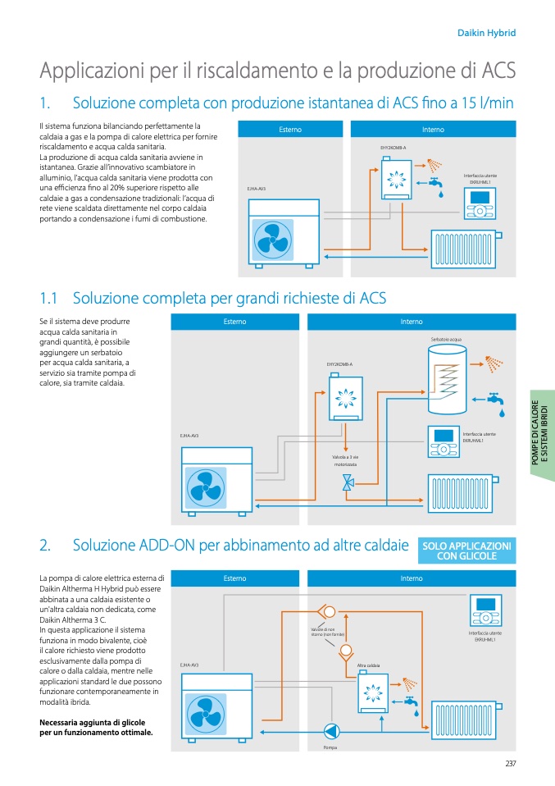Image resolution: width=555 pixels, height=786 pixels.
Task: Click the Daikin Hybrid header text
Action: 485,33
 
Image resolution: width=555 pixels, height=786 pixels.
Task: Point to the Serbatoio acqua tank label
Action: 446,339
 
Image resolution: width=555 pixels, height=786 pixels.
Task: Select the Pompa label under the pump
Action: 330,747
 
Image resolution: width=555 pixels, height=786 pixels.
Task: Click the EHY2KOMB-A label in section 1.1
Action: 339,363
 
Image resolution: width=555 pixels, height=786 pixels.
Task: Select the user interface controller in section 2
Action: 485,612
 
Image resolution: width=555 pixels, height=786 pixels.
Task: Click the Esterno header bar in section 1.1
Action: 234,322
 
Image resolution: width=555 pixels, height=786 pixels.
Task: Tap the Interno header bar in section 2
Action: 412,578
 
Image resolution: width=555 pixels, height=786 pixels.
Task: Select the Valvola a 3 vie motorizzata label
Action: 345,460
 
